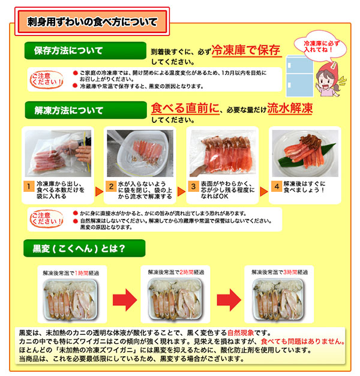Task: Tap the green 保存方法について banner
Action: [68, 50]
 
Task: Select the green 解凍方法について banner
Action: [68, 110]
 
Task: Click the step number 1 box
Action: [28, 186]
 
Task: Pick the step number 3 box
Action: [193, 186]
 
